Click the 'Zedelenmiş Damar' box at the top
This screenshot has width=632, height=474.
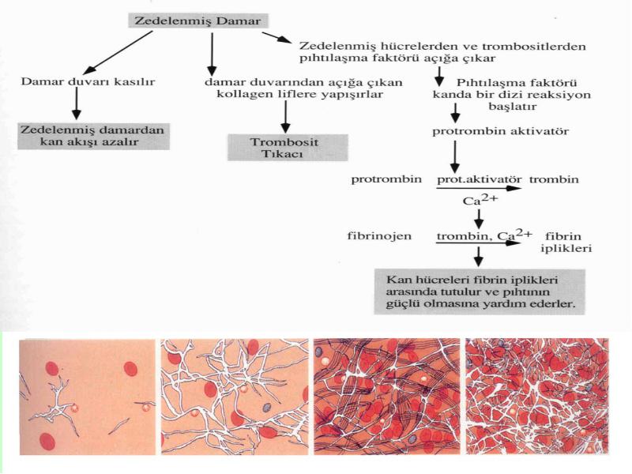pyautogui.click(x=198, y=21)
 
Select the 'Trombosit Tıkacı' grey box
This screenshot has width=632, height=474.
pyautogui.click(x=288, y=148)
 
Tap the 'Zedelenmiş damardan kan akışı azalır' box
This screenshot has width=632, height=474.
pyautogui.click(x=93, y=136)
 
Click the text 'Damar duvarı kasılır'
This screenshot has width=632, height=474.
pyautogui.click(x=88, y=82)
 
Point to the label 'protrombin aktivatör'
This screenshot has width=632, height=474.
pyautogui.click(x=500, y=131)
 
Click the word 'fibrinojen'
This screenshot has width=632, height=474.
pyautogui.click(x=379, y=235)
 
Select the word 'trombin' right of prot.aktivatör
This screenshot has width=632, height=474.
pyautogui.click(x=554, y=179)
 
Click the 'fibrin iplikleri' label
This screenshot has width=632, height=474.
pyautogui.click(x=566, y=243)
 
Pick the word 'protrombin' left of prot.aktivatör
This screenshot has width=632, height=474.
pyautogui.click(x=386, y=179)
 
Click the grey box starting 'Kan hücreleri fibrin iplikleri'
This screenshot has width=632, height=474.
pyautogui.click(x=480, y=292)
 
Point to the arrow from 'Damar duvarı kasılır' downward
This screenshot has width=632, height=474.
pyautogui.click(x=76, y=103)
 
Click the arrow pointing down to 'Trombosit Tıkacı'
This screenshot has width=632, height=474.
pyautogui.click(x=285, y=116)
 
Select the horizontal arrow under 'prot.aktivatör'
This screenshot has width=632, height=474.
pyautogui.click(x=479, y=188)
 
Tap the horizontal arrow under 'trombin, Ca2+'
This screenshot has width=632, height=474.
pyautogui.click(x=478, y=243)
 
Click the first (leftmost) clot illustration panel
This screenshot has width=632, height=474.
pyautogui.click(x=87, y=397)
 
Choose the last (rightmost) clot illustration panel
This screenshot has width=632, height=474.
pyautogui.click(x=537, y=396)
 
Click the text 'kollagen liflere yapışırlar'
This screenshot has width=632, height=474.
pyautogui.click(x=299, y=94)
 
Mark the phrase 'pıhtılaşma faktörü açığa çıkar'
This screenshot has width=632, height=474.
pyautogui.click(x=397, y=58)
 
